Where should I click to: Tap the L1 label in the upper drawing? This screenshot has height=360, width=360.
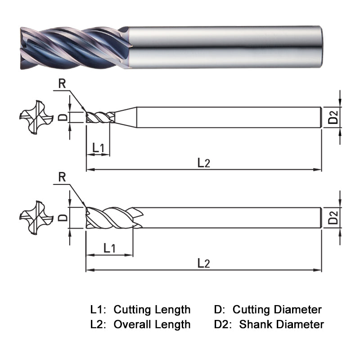(x=98, y=147)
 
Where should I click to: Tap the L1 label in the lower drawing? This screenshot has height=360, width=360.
(x=109, y=247)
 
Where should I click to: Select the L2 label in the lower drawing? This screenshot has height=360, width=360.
(x=203, y=263)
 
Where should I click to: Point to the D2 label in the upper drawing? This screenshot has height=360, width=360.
(x=333, y=117)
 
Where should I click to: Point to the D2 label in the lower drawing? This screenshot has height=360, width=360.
(x=333, y=218)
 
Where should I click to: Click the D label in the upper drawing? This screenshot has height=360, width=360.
(x=63, y=117)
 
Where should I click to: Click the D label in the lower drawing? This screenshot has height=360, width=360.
(x=63, y=218)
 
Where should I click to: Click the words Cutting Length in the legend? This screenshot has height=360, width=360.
(x=152, y=310)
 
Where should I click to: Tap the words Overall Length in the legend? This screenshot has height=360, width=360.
(x=152, y=324)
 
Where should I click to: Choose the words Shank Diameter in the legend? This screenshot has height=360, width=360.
(x=281, y=324)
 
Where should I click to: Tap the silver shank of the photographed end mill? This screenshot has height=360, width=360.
(x=225, y=47)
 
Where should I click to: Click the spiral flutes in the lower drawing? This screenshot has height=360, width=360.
(x=112, y=218)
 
